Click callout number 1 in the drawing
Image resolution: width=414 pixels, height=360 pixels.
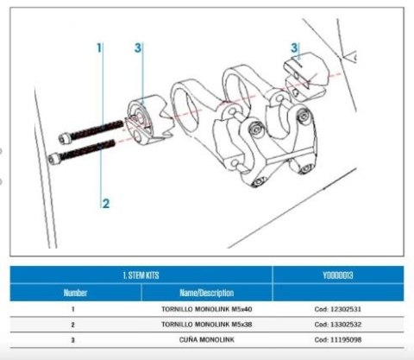[x=99, y=47]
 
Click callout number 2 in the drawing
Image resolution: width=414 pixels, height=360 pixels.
[x=105, y=204]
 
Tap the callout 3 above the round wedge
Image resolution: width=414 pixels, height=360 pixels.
[x=138, y=47]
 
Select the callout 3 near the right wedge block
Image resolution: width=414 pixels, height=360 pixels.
[x=294, y=48]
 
